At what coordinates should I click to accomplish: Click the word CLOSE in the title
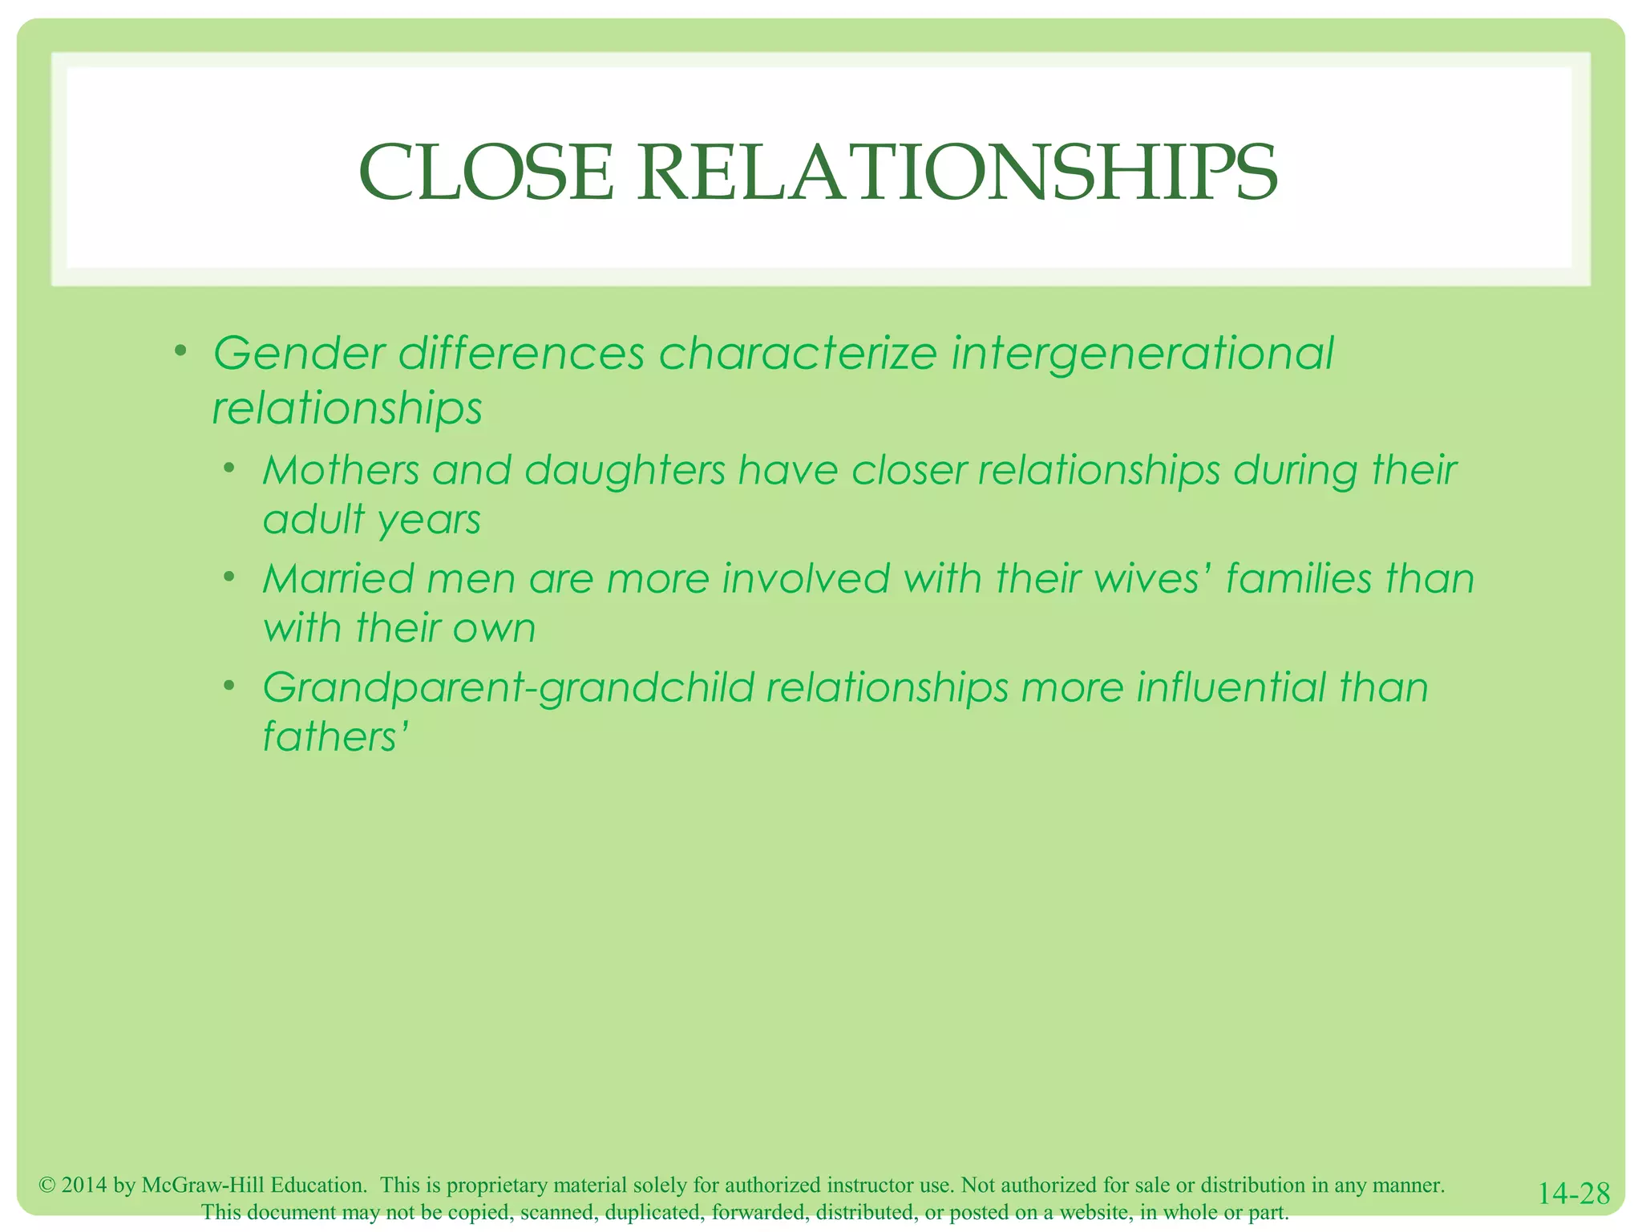pos(486,172)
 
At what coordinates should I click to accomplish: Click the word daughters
pos(625,470)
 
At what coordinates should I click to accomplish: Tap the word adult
pos(313,520)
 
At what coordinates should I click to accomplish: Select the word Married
pos(338,579)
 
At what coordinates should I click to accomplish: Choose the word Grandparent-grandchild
pos(508,688)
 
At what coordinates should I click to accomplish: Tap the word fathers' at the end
pos(336,737)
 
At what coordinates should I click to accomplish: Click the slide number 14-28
pos(1573,1193)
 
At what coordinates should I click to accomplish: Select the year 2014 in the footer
pos(83,1185)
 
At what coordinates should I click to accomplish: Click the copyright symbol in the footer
pos(47,1185)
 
